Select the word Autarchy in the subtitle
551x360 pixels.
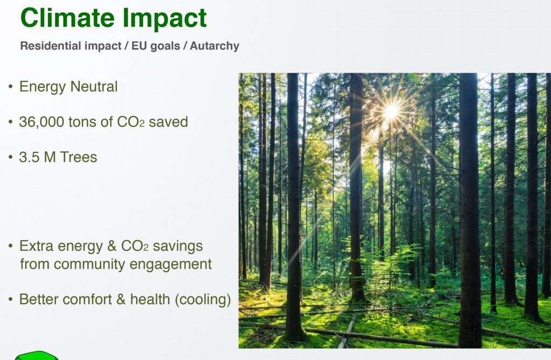pyautogui.click(x=214, y=46)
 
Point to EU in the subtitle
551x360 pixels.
pyautogui.click(x=138, y=46)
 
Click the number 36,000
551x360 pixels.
pyautogui.click(x=42, y=122)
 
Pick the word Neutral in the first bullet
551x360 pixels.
pyautogui.click(x=94, y=87)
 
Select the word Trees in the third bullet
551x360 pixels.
pyautogui.click(x=79, y=157)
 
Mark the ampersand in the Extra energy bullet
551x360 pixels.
pyautogui.click(x=112, y=246)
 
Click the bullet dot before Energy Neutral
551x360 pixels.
pyautogui.click(x=11, y=87)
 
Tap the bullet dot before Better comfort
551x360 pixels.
pyautogui.click(x=11, y=300)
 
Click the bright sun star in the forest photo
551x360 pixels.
pyautogui.click(x=391, y=111)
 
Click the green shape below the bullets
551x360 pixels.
pyautogui.click(x=37, y=356)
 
